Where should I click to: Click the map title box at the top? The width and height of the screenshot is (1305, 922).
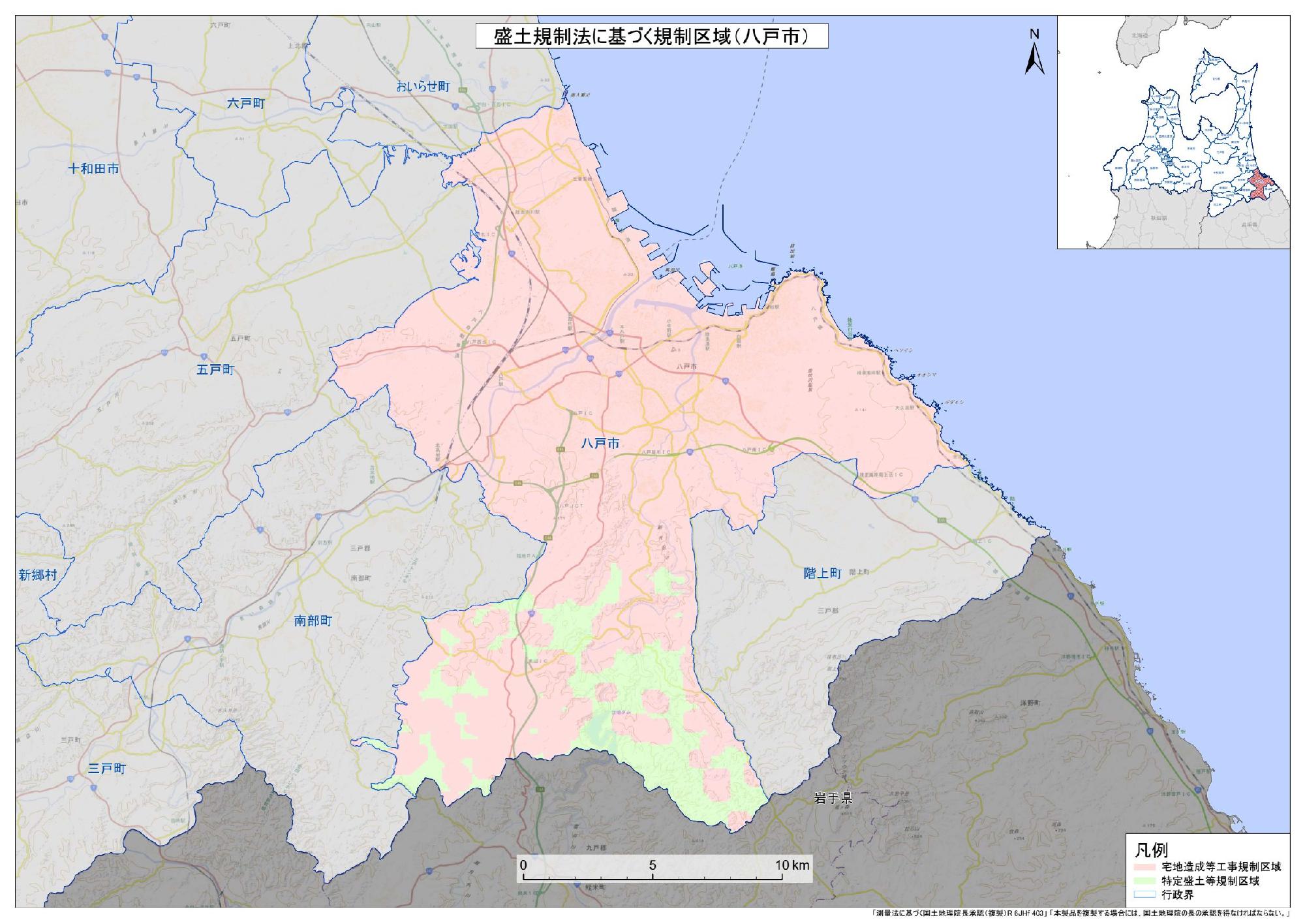pyautogui.click(x=651, y=37)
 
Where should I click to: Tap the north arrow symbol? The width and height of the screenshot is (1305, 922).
pyautogui.click(x=1035, y=54)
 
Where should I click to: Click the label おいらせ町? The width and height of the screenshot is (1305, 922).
pyautogui.click(x=423, y=87)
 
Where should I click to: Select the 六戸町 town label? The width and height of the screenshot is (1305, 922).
pyautogui.click(x=246, y=103)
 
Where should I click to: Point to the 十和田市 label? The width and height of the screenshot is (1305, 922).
pyautogui.click(x=94, y=168)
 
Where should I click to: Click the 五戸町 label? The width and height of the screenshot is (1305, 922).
pyautogui.click(x=215, y=370)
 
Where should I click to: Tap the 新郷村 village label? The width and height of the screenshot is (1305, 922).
pyautogui.click(x=37, y=575)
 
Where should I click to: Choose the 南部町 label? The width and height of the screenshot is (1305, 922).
pyautogui.click(x=313, y=621)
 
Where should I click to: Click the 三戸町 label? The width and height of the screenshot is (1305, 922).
pyautogui.click(x=106, y=769)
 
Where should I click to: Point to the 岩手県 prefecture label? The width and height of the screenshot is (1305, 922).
pyautogui.click(x=833, y=798)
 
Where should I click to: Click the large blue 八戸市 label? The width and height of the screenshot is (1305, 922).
pyautogui.click(x=600, y=444)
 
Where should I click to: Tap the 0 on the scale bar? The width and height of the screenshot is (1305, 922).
pyautogui.click(x=523, y=865)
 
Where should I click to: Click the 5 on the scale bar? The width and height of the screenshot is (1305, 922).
pyautogui.click(x=652, y=865)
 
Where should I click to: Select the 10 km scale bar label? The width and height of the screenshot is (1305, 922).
pyautogui.click(x=791, y=865)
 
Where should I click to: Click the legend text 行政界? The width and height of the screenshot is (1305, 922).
pyautogui.click(x=1178, y=895)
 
